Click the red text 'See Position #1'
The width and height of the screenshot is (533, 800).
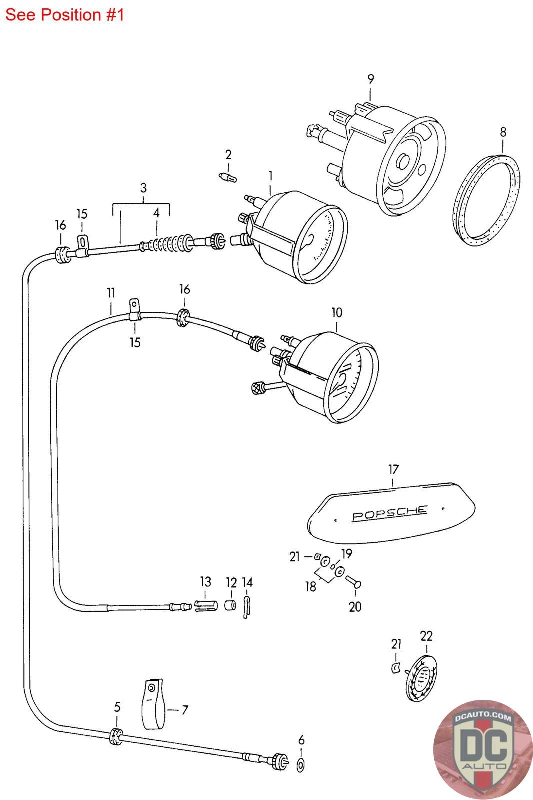pyautogui.click(x=64, y=15)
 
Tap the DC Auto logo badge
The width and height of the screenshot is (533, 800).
pyautogui.click(x=483, y=749)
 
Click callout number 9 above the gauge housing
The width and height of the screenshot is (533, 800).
pyautogui.click(x=370, y=79)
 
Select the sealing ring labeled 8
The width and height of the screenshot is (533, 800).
pyautogui.click(x=486, y=200)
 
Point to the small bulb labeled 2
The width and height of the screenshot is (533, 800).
pyautogui.click(x=228, y=177)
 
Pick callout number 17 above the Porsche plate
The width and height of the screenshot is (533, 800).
pyautogui.click(x=393, y=469)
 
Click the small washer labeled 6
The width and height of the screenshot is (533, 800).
pyautogui.click(x=300, y=765)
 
